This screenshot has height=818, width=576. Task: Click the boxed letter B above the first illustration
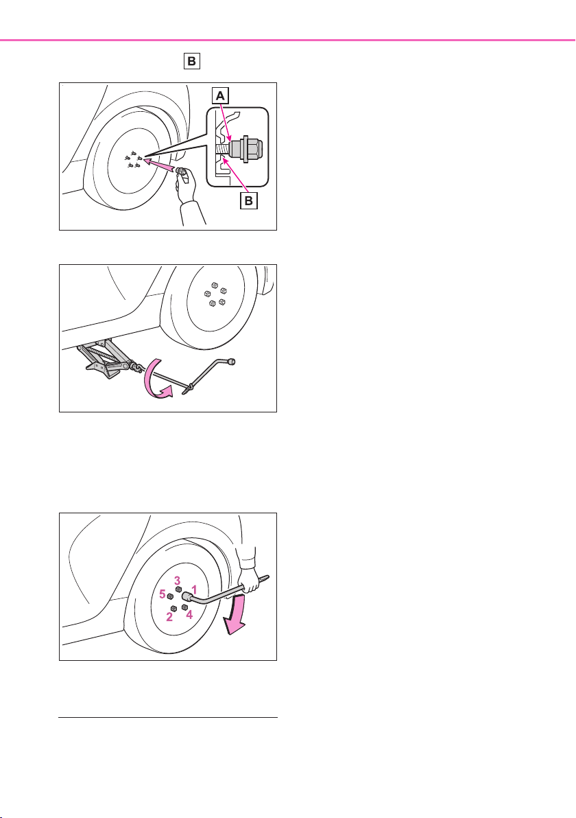tap(192, 61)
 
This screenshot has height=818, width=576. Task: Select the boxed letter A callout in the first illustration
tap(221, 96)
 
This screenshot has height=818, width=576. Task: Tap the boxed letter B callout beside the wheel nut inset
tap(249, 200)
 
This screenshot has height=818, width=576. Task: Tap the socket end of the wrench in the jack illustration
tap(232, 360)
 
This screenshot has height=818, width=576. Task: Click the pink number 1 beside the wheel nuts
tap(193, 588)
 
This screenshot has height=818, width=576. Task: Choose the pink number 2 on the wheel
tap(169, 618)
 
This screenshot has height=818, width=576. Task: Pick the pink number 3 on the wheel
tap(177, 580)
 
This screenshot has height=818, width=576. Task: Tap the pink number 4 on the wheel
tap(189, 615)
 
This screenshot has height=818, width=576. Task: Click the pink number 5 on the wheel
tap(163, 594)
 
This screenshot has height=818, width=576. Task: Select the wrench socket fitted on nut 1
tap(187, 596)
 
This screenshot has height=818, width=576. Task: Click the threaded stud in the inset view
tap(221, 149)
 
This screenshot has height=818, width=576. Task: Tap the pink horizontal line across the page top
tap(288, 40)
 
